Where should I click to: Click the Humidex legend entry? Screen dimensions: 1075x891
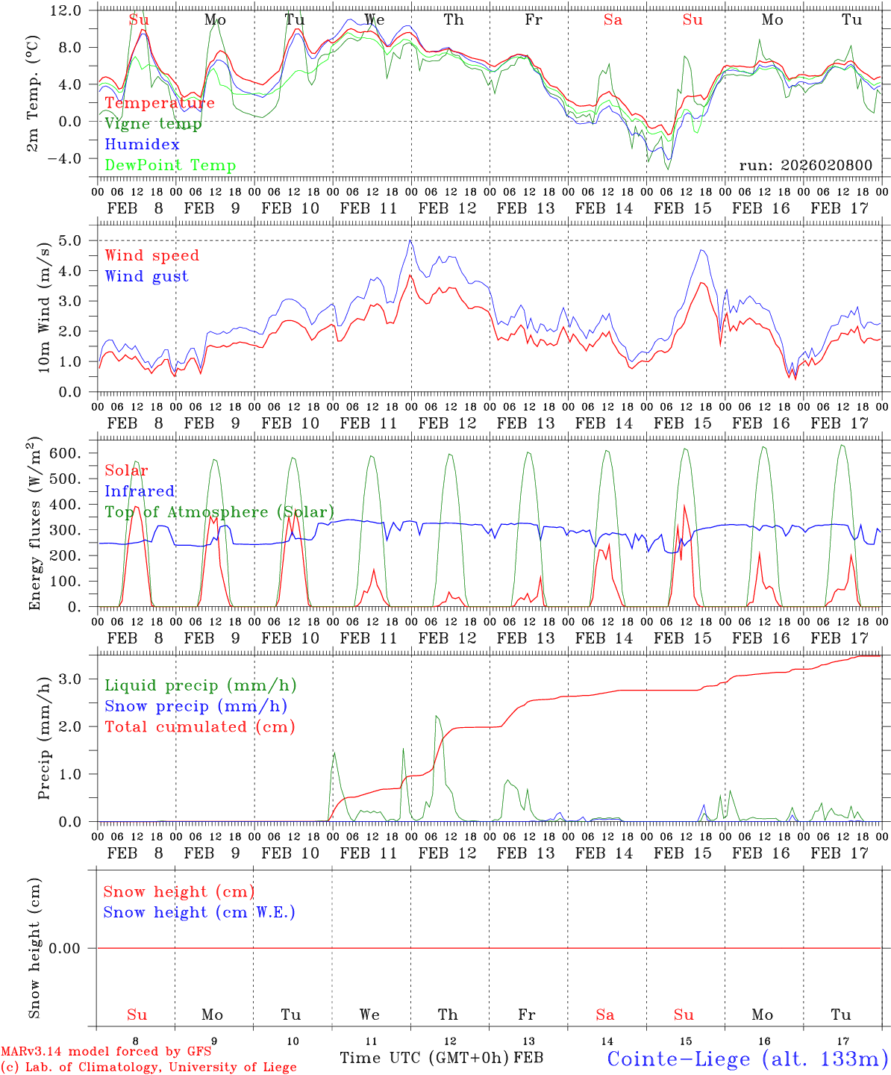pos(142,145)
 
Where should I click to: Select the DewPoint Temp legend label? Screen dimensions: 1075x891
pos(170,166)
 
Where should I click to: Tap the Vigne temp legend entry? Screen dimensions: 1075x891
pos(153,124)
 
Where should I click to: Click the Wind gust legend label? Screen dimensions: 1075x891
pos(146,277)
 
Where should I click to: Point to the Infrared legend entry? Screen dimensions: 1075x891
pos(140,491)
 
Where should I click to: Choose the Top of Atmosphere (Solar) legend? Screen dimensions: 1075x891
pos(219,512)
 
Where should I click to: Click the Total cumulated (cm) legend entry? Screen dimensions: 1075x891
pos(200,727)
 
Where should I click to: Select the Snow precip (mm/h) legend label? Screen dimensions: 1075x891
pos(196,706)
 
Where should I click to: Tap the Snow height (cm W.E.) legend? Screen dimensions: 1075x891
pos(199,912)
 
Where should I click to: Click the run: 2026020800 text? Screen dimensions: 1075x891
pos(805,166)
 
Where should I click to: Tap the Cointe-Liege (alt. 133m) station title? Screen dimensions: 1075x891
pos(748,1058)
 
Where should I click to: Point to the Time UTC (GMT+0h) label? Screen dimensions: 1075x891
pos(425,1058)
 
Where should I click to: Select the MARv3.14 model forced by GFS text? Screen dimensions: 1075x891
pos(106,1051)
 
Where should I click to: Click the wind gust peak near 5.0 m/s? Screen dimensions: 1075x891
pos(410,240)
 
